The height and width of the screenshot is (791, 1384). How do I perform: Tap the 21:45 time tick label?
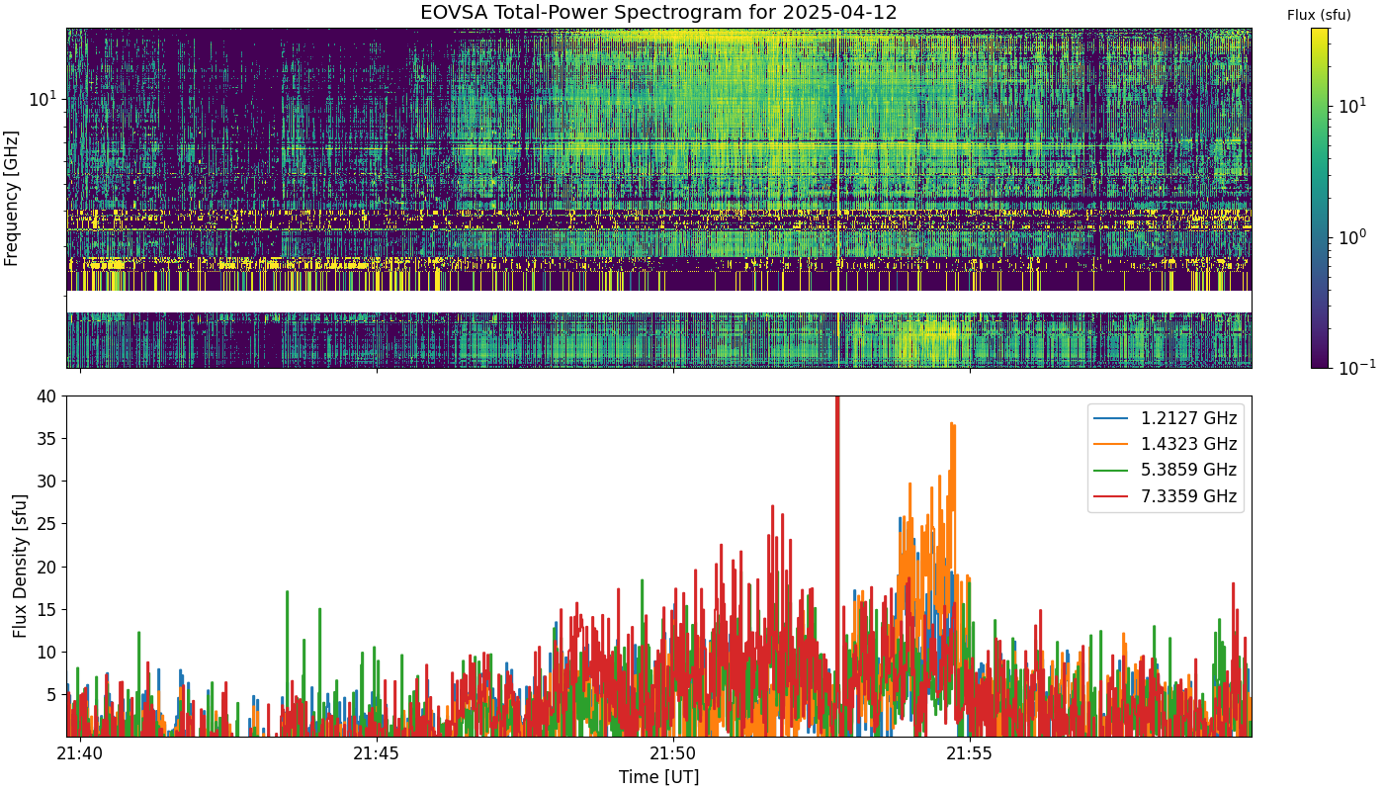(377, 753)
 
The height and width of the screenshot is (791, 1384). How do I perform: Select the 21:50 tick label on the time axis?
(673, 753)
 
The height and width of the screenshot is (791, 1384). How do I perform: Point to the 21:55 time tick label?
(970, 753)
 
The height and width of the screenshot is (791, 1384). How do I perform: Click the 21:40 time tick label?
(80, 753)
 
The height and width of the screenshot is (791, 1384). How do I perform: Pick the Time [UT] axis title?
(658, 777)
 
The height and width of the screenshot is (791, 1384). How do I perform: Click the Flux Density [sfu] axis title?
(20, 566)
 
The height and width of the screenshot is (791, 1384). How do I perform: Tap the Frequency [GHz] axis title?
(11, 199)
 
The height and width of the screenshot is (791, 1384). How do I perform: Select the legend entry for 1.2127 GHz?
(1166, 418)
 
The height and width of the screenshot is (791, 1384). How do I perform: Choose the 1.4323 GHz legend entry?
(1166, 444)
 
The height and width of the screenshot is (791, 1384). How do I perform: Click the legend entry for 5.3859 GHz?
(1166, 471)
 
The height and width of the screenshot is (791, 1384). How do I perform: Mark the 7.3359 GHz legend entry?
(1166, 496)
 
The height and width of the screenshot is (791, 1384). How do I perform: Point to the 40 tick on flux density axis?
(46, 396)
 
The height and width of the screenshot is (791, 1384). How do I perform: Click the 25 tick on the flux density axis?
(46, 524)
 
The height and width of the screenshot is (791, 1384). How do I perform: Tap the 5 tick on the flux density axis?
(51, 695)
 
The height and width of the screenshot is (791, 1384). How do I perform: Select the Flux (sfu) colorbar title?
(1319, 16)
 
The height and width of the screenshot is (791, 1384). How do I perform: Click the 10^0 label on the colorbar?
(1352, 236)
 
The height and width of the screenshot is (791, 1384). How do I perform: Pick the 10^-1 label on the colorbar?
(1356, 367)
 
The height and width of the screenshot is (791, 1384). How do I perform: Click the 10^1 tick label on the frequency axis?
(43, 98)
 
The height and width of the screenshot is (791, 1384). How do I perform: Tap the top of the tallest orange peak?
(951, 423)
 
